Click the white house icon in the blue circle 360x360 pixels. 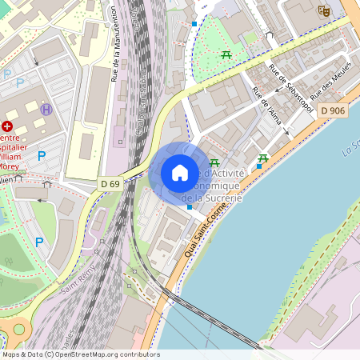[180, 173]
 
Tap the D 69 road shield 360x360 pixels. [110, 184]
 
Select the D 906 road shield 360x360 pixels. [332, 110]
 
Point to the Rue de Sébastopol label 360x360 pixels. [291, 88]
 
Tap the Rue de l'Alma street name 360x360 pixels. [270, 105]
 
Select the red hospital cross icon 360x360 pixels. [7, 126]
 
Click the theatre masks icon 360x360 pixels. [323, 10]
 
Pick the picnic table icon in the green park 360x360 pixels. [226, 54]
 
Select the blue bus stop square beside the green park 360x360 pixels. [194, 24]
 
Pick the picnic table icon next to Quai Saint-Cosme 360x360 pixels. [262, 158]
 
